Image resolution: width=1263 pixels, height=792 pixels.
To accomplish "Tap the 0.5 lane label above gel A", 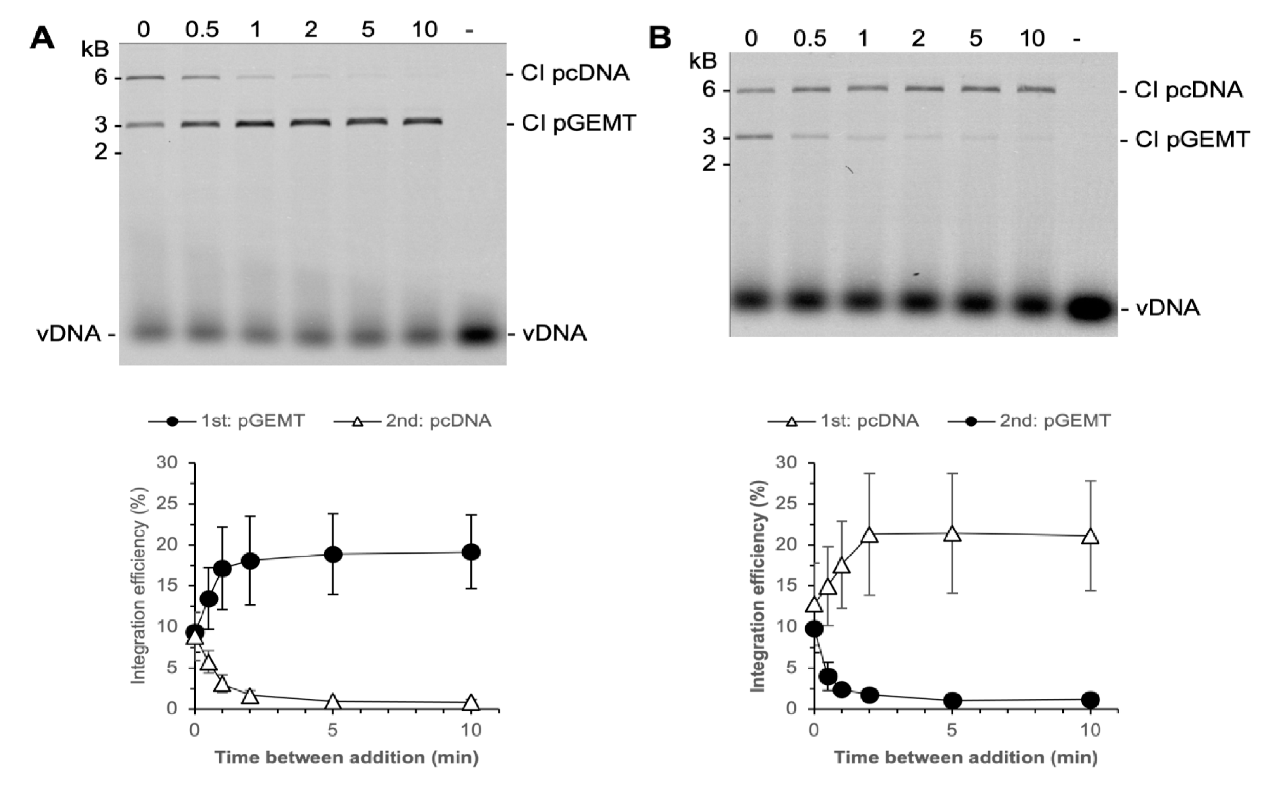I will (x=202, y=30).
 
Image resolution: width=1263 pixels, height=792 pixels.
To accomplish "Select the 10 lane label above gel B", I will (x=1032, y=39).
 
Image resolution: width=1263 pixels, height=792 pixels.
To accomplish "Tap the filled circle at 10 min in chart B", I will (x=1090, y=699).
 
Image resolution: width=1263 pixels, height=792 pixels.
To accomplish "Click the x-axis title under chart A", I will (x=346, y=757).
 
